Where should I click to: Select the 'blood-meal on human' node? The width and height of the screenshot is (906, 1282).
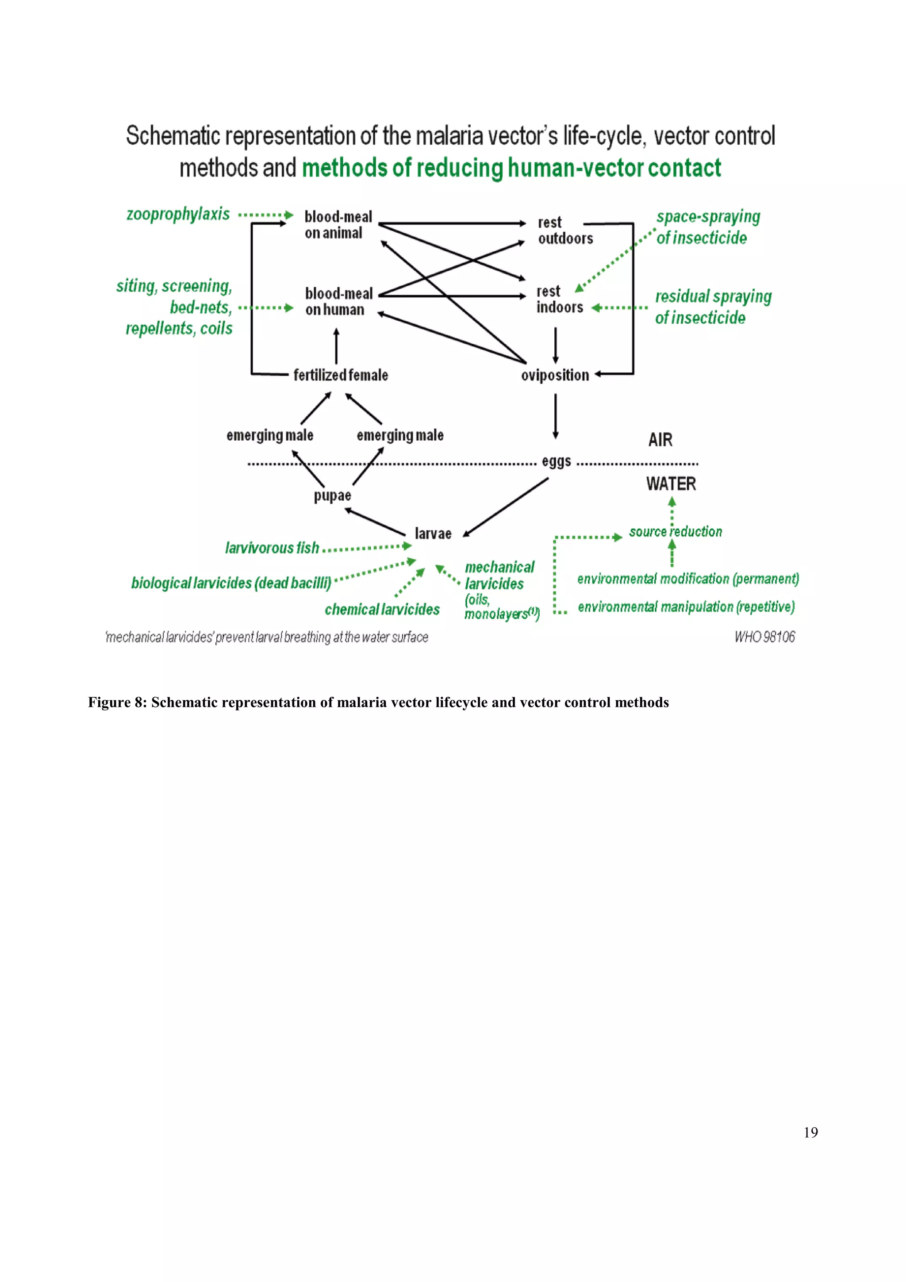point(338,302)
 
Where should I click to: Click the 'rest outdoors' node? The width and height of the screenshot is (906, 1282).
point(564,230)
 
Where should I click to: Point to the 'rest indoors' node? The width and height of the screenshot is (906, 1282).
point(559,299)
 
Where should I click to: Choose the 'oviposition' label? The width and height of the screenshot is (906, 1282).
point(555,375)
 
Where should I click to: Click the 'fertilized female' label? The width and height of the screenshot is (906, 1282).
point(341,375)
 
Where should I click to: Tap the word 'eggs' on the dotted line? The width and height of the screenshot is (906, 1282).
point(556,461)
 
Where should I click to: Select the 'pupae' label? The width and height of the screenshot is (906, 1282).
point(332,495)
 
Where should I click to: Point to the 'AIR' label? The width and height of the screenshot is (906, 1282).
point(660,440)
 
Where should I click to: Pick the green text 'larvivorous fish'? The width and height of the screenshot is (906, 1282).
point(272,548)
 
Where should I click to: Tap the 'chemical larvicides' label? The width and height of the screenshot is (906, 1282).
point(382,609)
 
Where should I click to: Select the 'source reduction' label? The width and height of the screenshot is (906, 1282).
point(675,532)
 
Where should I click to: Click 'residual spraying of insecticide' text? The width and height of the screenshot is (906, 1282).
point(712,307)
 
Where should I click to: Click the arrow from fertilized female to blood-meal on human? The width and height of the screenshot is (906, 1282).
point(336,346)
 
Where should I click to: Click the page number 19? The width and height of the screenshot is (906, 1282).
point(810,1132)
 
